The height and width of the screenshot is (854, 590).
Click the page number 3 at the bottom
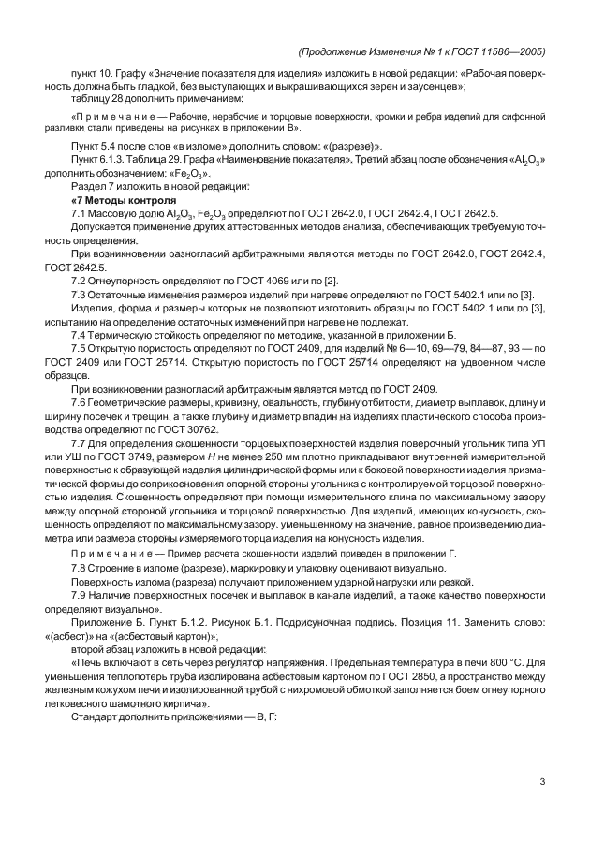click(x=542, y=783)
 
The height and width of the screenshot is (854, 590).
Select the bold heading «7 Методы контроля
click(x=123, y=200)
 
